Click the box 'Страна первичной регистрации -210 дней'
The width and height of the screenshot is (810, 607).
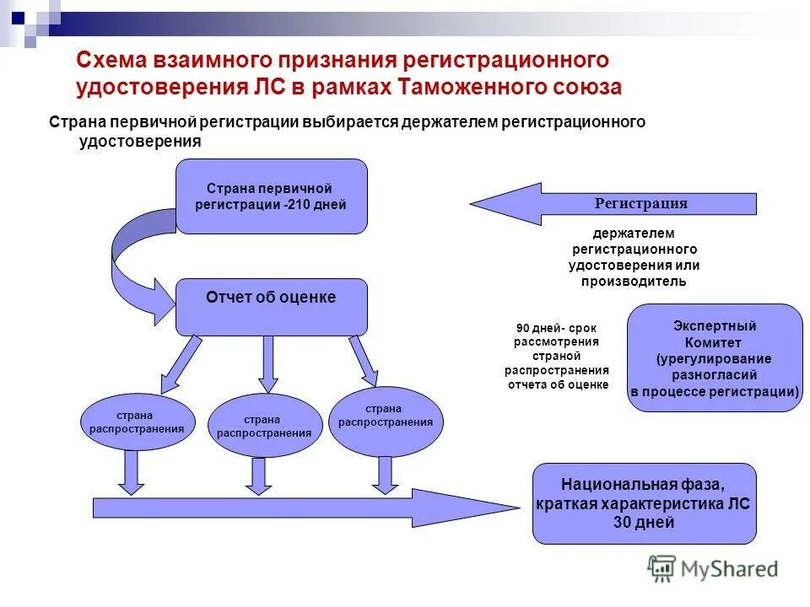coord(271,196)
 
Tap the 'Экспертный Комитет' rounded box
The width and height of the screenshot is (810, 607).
coord(715,357)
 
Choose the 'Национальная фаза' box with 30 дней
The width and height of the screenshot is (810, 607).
coord(644,503)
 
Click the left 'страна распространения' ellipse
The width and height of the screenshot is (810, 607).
coord(137,422)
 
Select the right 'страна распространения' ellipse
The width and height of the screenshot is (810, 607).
coord(385,416)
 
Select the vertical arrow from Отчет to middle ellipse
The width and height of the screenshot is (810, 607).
coord(268,363)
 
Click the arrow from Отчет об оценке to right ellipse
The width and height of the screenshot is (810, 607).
coord(364,359)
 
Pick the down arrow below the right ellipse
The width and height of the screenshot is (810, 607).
coord(385,475)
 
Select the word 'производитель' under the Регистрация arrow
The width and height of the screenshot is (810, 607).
coord(633,282)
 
